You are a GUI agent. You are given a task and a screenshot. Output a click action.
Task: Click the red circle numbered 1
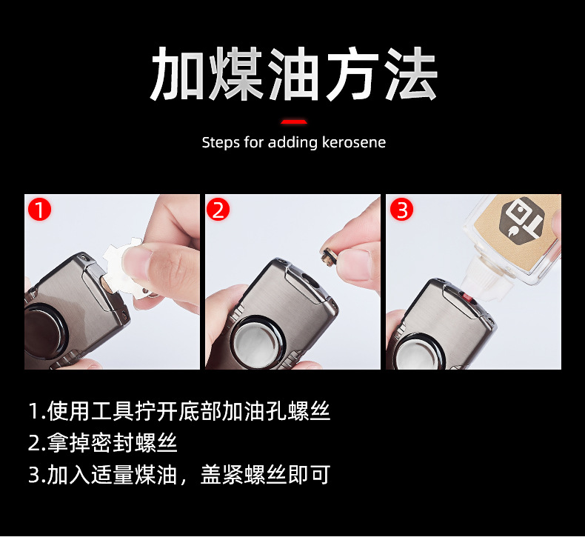(39, 210)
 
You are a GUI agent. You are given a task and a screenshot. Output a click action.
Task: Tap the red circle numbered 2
(218, 210)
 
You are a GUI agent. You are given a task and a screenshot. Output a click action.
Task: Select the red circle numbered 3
(401, 210)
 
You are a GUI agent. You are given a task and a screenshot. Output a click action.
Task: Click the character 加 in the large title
(177, 73)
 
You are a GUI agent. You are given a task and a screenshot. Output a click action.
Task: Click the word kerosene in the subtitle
(354, 142)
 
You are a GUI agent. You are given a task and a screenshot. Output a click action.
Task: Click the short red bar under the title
(294, 121)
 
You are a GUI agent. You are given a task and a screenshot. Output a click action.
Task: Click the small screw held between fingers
(327, 257)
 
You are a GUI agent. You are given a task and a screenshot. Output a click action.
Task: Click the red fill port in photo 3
(467, 298)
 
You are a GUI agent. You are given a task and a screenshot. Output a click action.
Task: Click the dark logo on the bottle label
(521, 219)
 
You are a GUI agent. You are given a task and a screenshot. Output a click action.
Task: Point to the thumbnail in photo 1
(137, 259)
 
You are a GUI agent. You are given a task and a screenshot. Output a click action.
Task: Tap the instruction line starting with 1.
(179, 411)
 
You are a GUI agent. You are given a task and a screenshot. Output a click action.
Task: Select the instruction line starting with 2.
(103, 443)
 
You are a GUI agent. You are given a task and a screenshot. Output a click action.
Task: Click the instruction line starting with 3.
(179, 475)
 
